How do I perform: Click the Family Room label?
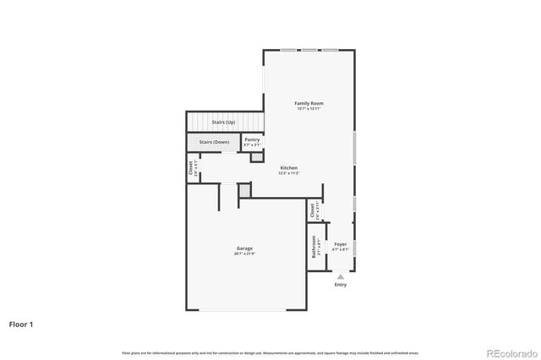309,103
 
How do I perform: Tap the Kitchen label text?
288,167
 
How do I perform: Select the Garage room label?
243,248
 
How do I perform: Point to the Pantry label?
252,139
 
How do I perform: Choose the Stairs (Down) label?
215,142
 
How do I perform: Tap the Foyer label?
340,243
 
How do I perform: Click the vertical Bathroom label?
314,247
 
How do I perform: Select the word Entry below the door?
340,285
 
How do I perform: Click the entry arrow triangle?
340,275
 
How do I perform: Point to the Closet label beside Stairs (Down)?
191,168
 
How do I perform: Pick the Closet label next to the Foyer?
312,209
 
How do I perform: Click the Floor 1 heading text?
21,324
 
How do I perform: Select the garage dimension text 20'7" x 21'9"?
243,254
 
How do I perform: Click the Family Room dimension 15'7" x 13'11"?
309,108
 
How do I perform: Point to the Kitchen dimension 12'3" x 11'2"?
288,172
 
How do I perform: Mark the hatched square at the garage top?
244,191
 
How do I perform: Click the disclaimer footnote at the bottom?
270,352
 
